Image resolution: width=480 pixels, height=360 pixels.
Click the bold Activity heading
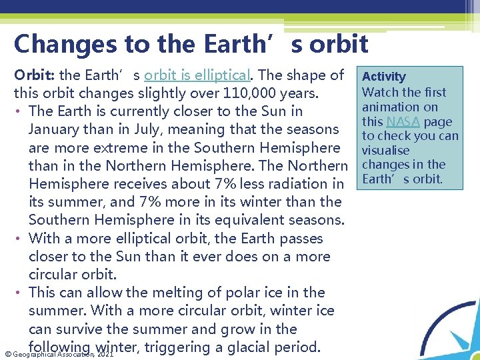click(383, 77)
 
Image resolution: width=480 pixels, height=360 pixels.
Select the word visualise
click(386, 151)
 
